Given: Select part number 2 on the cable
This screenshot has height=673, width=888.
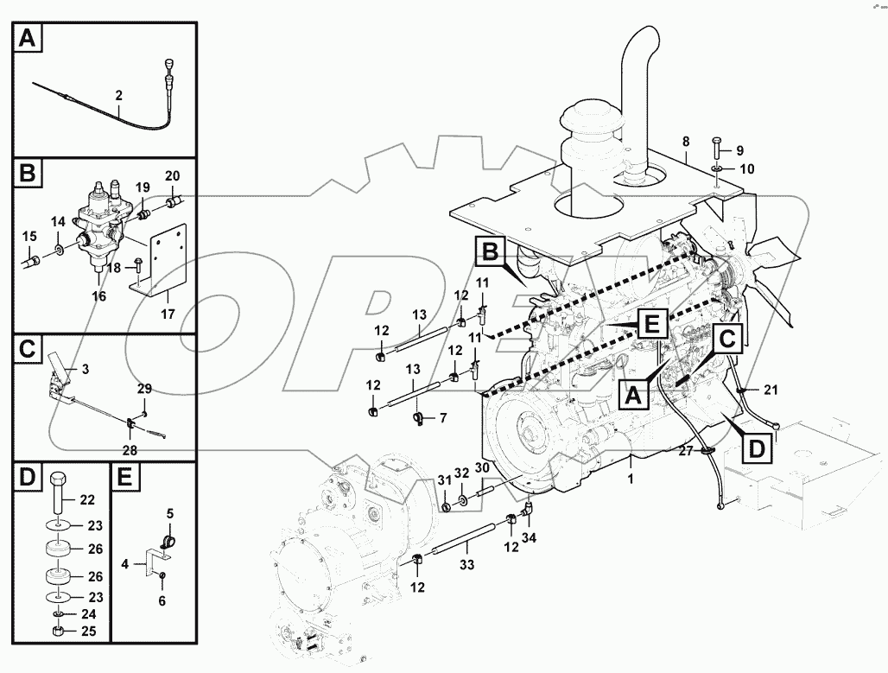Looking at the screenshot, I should pos(118,96).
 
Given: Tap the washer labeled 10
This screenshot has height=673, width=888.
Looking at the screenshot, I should pos(718,168).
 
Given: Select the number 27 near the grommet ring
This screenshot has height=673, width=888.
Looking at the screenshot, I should pos(684,449).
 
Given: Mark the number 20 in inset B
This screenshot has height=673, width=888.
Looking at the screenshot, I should pos(172,175).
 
